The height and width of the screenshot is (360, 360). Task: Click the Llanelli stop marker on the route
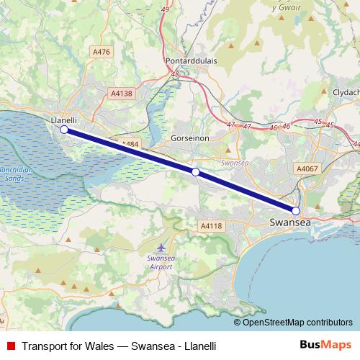pos(64,130)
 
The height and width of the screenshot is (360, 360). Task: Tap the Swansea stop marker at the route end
pos(295,210)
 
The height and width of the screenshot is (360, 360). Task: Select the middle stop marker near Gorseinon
pos(195,172)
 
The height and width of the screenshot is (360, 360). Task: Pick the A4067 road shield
pos(307,167)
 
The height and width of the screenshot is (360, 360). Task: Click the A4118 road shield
pos(210,226)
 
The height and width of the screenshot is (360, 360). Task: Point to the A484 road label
pos(130,144)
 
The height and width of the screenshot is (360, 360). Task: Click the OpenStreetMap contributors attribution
pos(297,322)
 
